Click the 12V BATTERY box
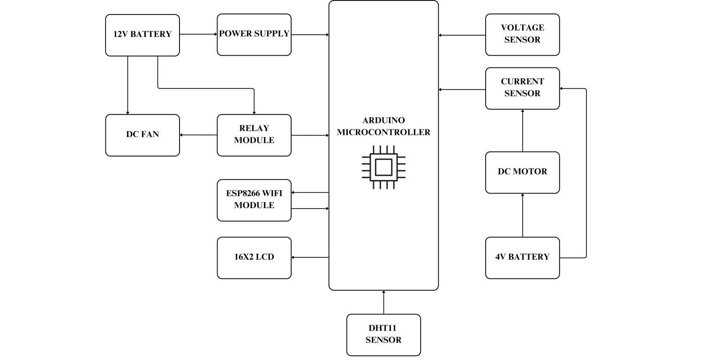(142, 35)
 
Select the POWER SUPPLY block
(254, 35)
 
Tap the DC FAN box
(142, 135)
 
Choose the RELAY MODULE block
(254, 135)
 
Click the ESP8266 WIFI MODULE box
(254, 200)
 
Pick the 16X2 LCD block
(254, 258)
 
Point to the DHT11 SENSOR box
(383, 335)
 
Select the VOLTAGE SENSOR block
(522, 35)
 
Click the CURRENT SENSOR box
(522, 89)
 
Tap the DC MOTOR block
(522, 172)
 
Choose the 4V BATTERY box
(522, 258)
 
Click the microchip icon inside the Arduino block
(383, 167)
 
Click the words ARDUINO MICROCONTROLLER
(383, 127)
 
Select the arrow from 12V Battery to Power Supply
(198, 34)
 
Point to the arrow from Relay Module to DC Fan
(198, 135)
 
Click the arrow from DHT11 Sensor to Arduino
(383, 302)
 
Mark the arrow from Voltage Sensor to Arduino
(462, 35)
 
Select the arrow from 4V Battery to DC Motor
(522, 215)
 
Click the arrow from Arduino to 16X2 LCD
(310, 257)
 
